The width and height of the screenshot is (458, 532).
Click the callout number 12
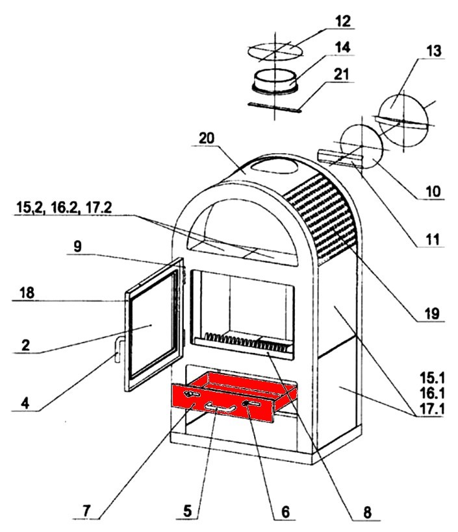pos(342,21)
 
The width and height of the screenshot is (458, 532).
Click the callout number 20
pos(207,139)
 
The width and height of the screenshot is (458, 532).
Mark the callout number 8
pos(367,512)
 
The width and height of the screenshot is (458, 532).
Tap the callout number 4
pos(25,403)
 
